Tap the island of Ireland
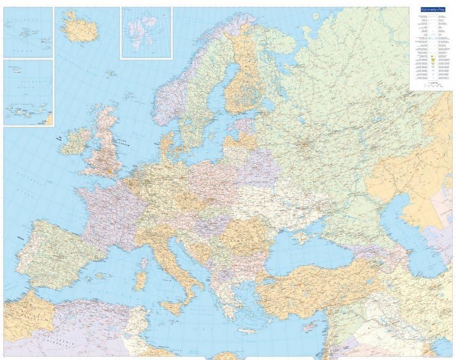(75, 142)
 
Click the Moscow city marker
(304, 146)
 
